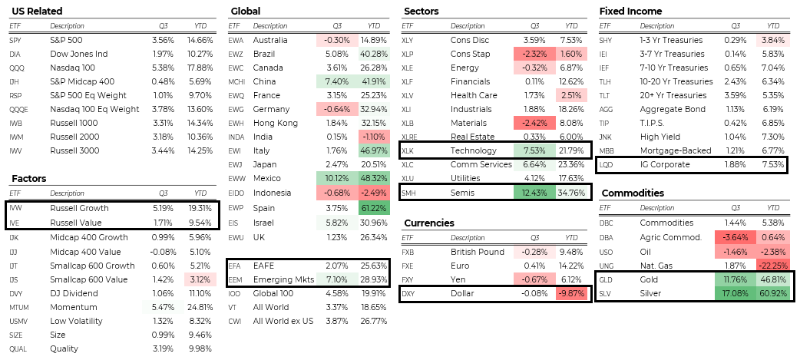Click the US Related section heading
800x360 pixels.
coord(37,12)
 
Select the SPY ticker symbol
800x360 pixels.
coord(15,40)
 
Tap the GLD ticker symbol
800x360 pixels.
coord(607,279)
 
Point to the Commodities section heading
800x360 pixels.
coord(633,193)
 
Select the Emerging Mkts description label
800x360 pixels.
coord(283,279)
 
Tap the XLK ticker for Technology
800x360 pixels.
coord(408,150)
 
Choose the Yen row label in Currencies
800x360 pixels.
coord(459,279)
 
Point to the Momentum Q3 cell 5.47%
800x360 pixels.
coord(164,308)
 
